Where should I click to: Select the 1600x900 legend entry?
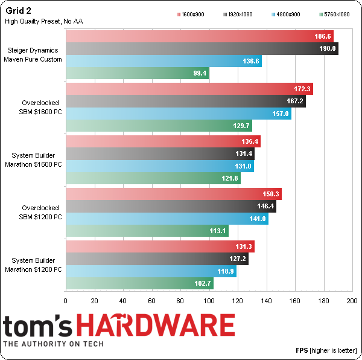pyautogui.click(x=196, y=13)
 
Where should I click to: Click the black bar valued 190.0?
pyautogui.click(x=202, y=49)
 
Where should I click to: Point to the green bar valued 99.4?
pyautogui.click(x=136, y=74)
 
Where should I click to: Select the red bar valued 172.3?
pyautogui.click(x=189, y=89)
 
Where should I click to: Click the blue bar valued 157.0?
pyautogui.click(x=178, y=114)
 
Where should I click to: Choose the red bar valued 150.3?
pyautogui.click(x=173, y=194)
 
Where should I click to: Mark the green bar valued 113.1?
pyautogui.click(x=147, y=231)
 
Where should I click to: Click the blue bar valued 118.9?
pyautogui.click(x=151, y=272)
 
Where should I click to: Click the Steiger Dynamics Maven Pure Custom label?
pyautogui.click(x=35, y=55)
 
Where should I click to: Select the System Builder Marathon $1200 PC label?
pyautogui.click(x=35, y=265)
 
